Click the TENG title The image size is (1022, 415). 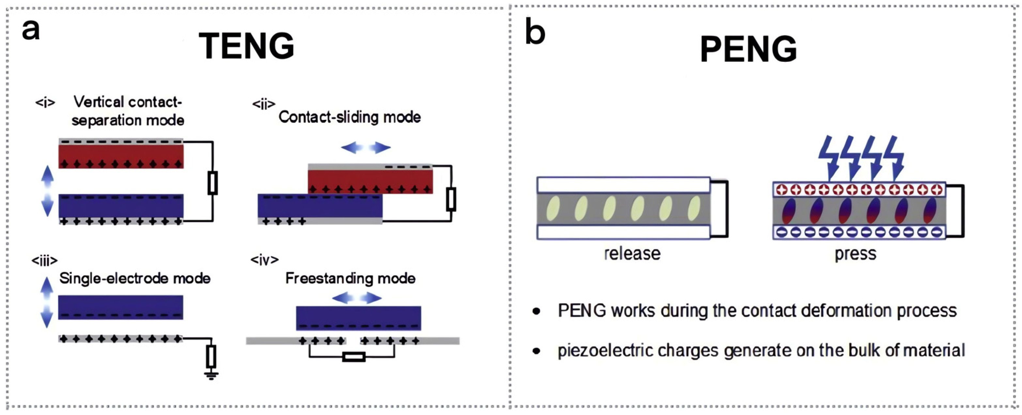tap(246, 46)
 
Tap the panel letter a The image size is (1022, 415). tap(31, 30)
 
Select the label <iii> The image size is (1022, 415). tap(44, 261)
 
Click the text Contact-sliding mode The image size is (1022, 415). tap(350, 117)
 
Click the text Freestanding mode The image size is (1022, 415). tap(350, 278)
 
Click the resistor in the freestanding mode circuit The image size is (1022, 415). tap(354, 357)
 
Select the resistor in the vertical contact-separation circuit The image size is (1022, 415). tap(212, 183)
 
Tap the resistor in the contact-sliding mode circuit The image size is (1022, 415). tap(451, 199)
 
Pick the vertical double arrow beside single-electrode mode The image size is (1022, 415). tap(47, 302)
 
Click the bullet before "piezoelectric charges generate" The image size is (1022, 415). tap(536, 351)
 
